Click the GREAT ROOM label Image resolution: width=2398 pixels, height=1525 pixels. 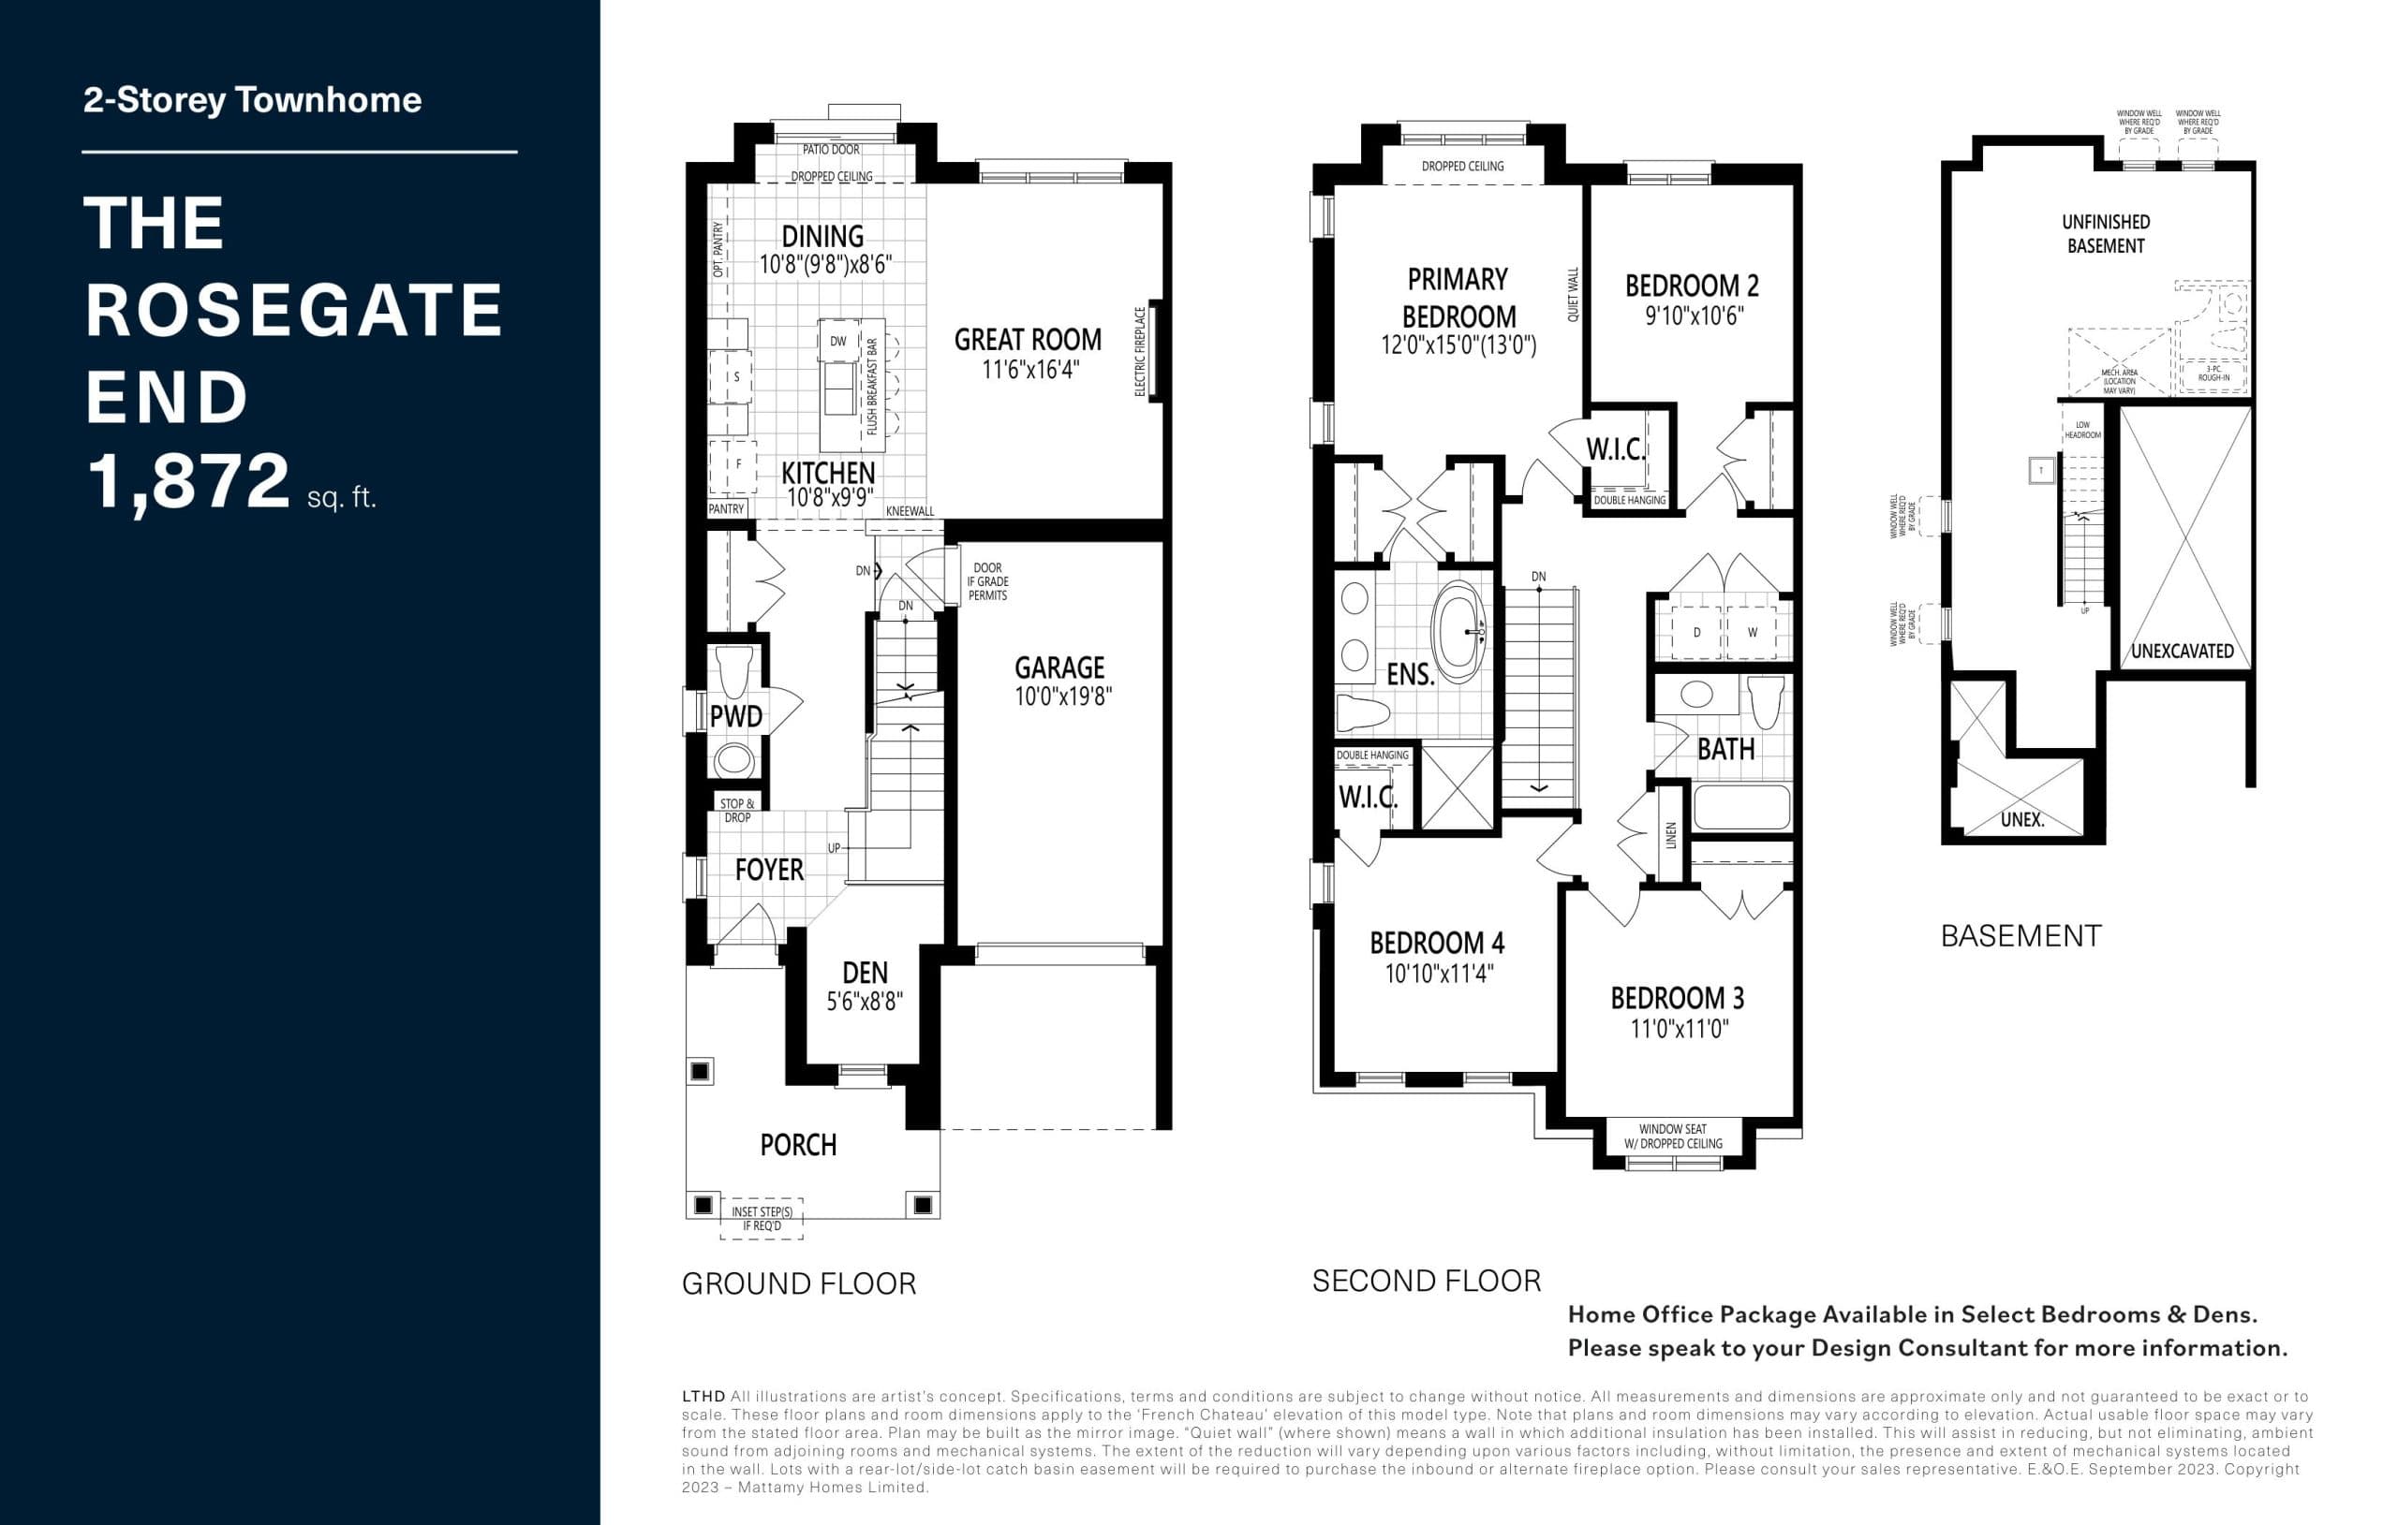(1028, 341)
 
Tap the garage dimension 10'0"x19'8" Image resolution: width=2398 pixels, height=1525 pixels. (1062, 697)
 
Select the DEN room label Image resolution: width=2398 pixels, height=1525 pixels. (865, 973)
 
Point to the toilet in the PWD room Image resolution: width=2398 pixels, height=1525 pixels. (735, 672)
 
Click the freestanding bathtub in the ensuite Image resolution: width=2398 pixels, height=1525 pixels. (1463, 631)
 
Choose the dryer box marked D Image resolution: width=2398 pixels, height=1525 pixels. (1697, 632)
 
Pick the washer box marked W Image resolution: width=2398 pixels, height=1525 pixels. (1753, 632)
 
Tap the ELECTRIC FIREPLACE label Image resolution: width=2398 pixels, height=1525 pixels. (1140, 350)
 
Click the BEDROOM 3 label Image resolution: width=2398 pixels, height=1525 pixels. (1677, 997)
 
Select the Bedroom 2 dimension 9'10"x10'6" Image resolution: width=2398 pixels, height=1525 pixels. (1694, 317)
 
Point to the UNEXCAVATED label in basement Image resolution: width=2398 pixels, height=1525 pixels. (2182, 651)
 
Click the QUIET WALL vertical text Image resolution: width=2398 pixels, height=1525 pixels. (1574, 294)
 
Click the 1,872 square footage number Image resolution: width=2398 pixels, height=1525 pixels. (188, 482)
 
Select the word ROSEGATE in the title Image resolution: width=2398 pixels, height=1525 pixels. (294, 310)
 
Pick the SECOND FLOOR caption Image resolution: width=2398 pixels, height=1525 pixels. (1426, 1281)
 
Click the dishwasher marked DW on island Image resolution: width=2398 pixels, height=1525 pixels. (838, 342)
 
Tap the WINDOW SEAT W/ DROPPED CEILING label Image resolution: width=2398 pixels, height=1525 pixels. (1673, 1136)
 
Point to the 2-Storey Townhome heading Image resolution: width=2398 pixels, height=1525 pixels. (252, 100)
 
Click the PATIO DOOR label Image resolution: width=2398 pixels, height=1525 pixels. (831, 149)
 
